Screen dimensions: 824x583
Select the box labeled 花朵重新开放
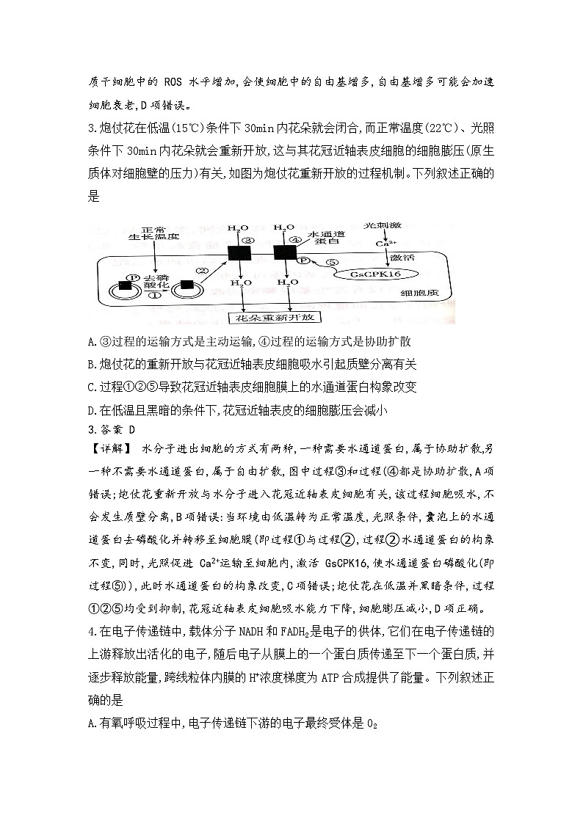[265, 318]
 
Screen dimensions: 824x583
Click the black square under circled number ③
[239, 253]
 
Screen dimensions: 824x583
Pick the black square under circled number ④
[283, 253]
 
